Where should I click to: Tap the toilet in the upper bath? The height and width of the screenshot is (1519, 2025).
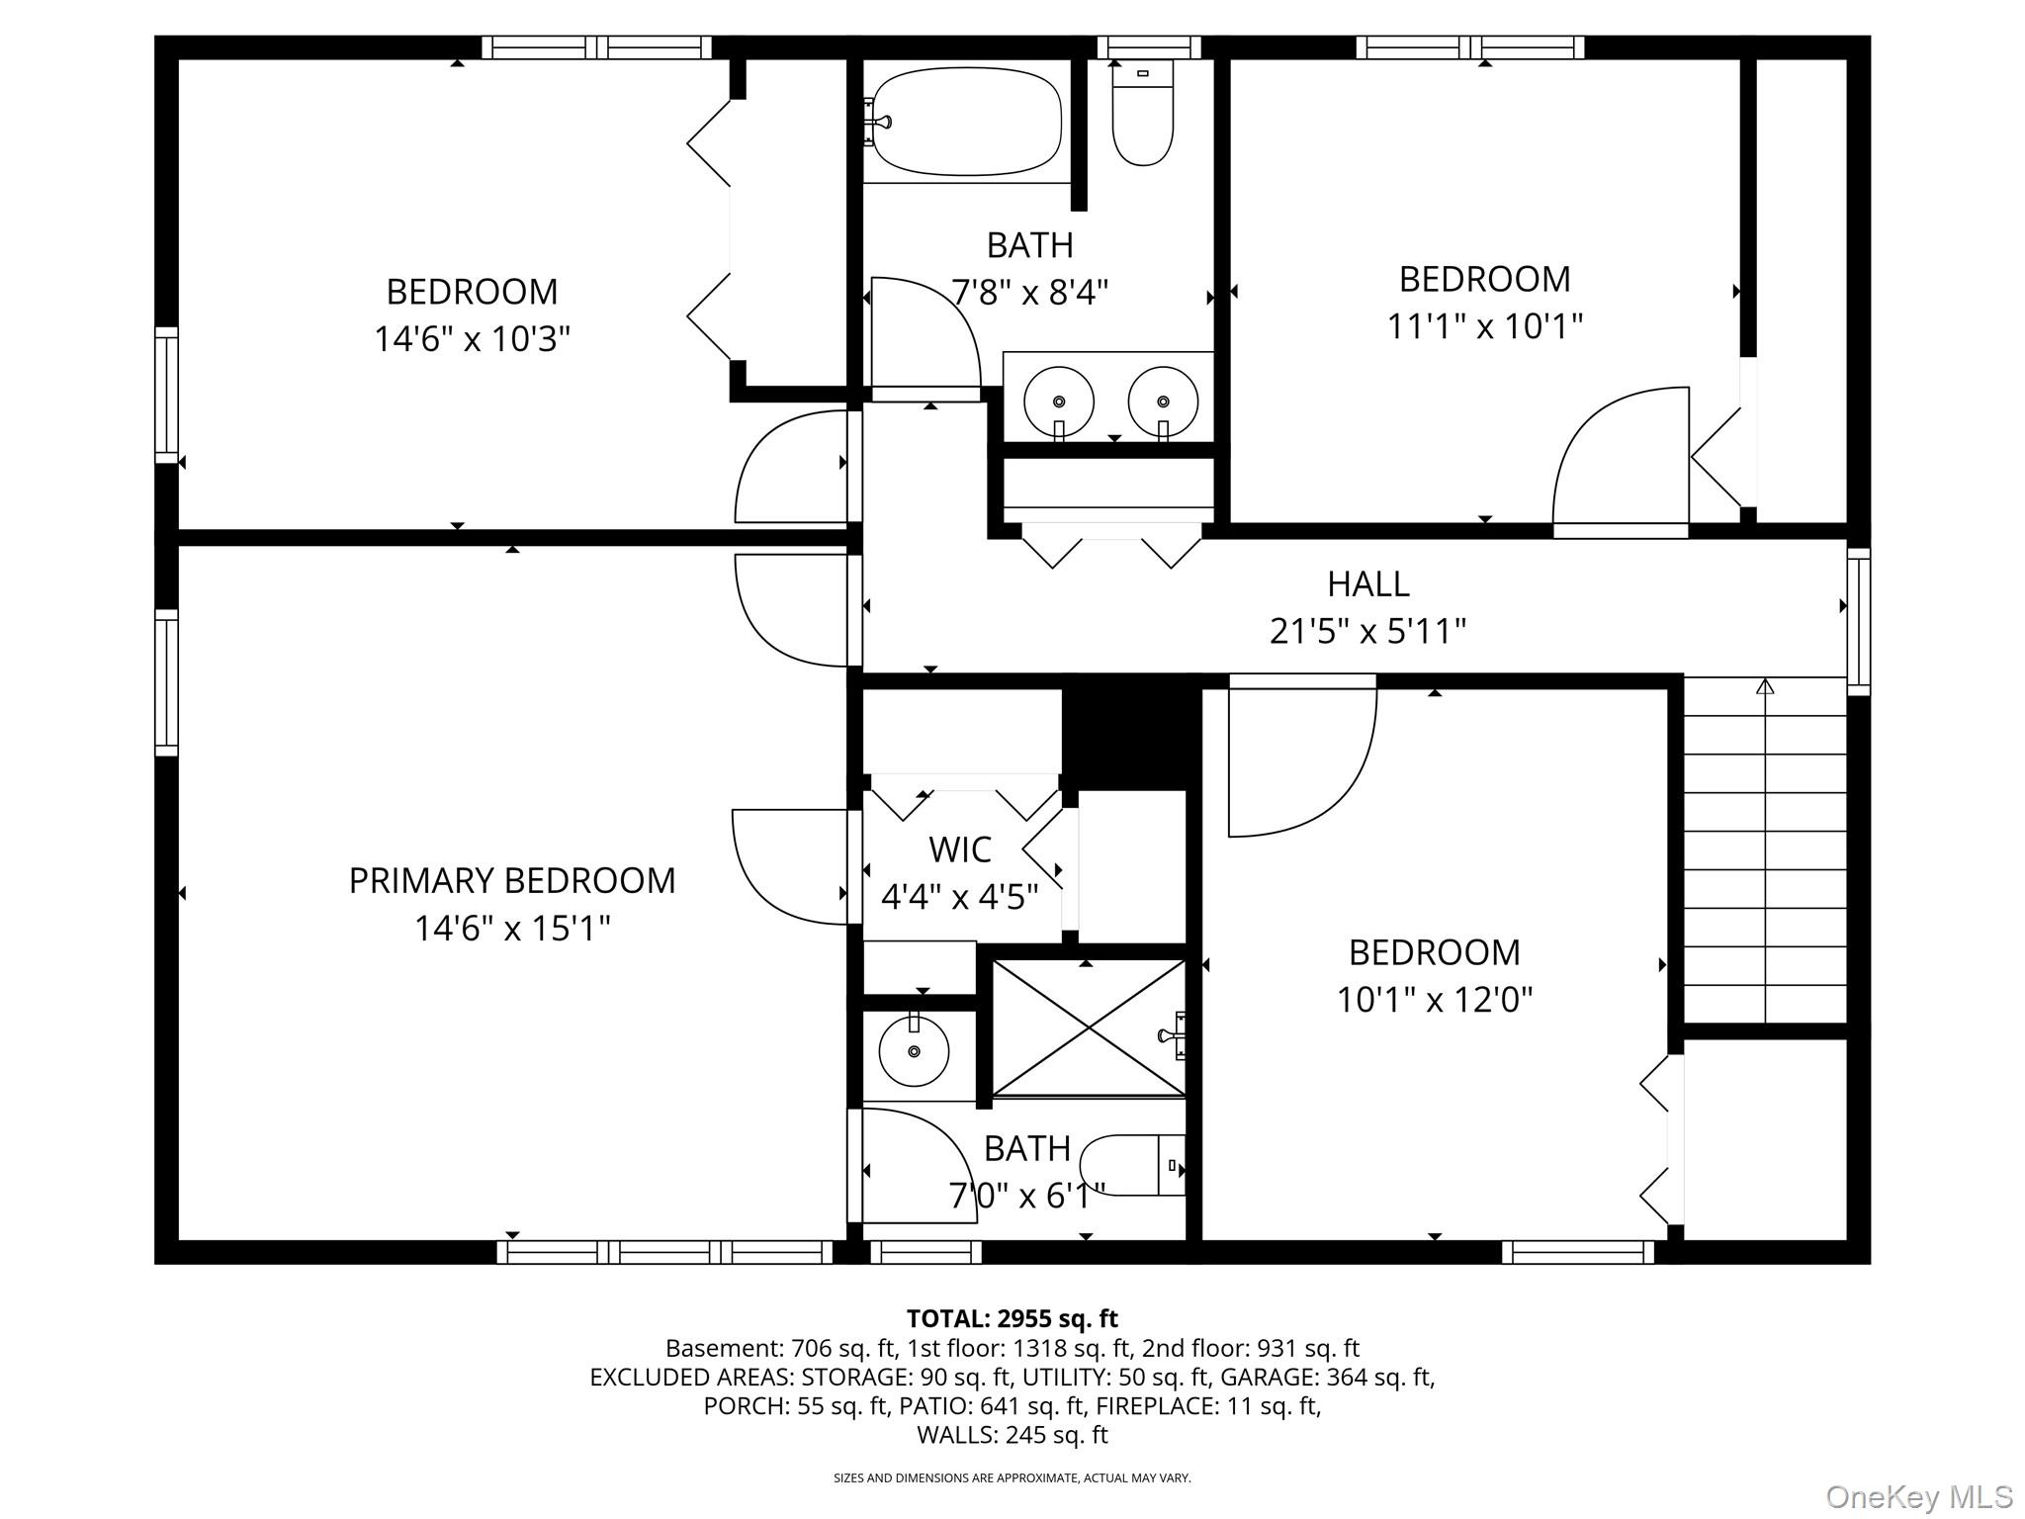pyautogui.click(x=1143, y=113)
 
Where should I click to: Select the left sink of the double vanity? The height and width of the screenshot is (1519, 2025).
pyautogui.click(x=1059, y=402)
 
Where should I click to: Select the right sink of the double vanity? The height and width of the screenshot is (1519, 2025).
pyautogui.click(x=1163, y=402)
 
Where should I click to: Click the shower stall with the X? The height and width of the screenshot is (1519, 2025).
pyautogui.click(x=1088, y=1028)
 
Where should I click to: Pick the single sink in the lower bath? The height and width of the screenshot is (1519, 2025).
pyautogui.click(x=914, y=1050)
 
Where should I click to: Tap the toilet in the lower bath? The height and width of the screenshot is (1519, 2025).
pyautogui.click(x=1133, y=1165)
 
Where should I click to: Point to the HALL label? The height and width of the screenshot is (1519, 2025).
pyautogui.click(x=1368, y=583)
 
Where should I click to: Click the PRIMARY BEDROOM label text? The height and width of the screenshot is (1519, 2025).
pyautogui.click(x=512, y=880)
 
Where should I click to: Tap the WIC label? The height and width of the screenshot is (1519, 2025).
pyautogui.click(x=960, y=849)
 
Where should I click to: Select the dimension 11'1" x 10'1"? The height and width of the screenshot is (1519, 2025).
pyautogui.click(x=1485, y=325)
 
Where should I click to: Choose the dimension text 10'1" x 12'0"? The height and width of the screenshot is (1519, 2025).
pyautogui.click(x=1435, y=1000)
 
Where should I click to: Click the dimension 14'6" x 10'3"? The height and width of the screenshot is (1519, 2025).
pyautogui.click(x=473, y=339)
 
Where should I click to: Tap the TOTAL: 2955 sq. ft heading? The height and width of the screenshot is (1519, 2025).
pyautogui.click(x=1012, y=1318)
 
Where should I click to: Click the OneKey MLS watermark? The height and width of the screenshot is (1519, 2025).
pyautogui.click(x=1919, y=1497)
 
